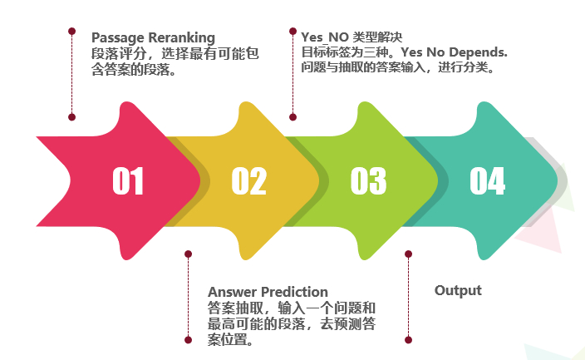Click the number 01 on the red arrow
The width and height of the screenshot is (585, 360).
coord(128,180)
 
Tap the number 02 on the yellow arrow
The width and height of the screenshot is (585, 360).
coord(248,180)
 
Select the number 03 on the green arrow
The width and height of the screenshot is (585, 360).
coord(368,180)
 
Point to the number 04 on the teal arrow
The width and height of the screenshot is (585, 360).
coord(487,180)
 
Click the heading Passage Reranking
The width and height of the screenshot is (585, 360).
coord(153,38)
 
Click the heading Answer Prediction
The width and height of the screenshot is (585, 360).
coord(268,292)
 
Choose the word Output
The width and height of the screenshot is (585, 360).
coord(458,290)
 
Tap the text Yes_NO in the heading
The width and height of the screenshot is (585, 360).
coord(325,37)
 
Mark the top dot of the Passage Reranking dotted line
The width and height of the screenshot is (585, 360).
coord(72,31)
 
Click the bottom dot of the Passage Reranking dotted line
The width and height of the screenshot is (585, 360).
coord(72,117)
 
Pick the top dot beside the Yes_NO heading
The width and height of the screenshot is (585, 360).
coord(292,31)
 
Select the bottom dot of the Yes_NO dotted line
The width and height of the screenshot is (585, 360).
coord(292,117)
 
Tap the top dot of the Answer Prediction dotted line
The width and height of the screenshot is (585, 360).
coord(189,254)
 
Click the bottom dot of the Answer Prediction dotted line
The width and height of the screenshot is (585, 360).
coord(189,340)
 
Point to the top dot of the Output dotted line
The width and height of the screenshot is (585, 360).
coord(409,254)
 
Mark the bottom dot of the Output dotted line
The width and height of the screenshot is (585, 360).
coord(409,340)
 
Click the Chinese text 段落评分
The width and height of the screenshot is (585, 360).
coord(119,54)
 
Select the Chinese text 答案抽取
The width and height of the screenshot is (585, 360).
coord(235,308)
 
